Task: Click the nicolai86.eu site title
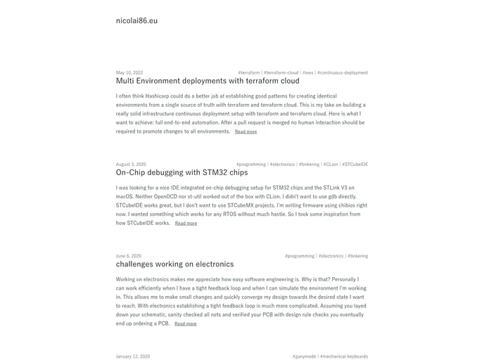click(136, 20)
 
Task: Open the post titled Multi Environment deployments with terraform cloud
click(208, 81)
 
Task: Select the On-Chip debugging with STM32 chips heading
click(181, 172)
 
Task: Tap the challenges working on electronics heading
click(174, 264)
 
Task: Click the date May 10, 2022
click(129, 72)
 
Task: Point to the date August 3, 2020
click(131, 165)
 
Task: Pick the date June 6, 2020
click(129, 256)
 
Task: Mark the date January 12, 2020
click(133, 356)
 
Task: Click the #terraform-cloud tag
click(281, 72)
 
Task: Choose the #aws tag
click(308, 72)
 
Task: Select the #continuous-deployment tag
click(343, 72)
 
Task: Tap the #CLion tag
click(331, 165)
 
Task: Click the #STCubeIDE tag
click(355, 165)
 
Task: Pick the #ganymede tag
click(304, 356)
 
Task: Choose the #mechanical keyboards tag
click(344, 356)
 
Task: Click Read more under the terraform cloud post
click(246, 131)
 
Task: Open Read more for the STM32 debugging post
click(186, 224)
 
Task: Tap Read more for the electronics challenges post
click(185, 324)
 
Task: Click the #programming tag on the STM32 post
click(251, 165)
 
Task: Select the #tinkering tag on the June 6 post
click(357, 256)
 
